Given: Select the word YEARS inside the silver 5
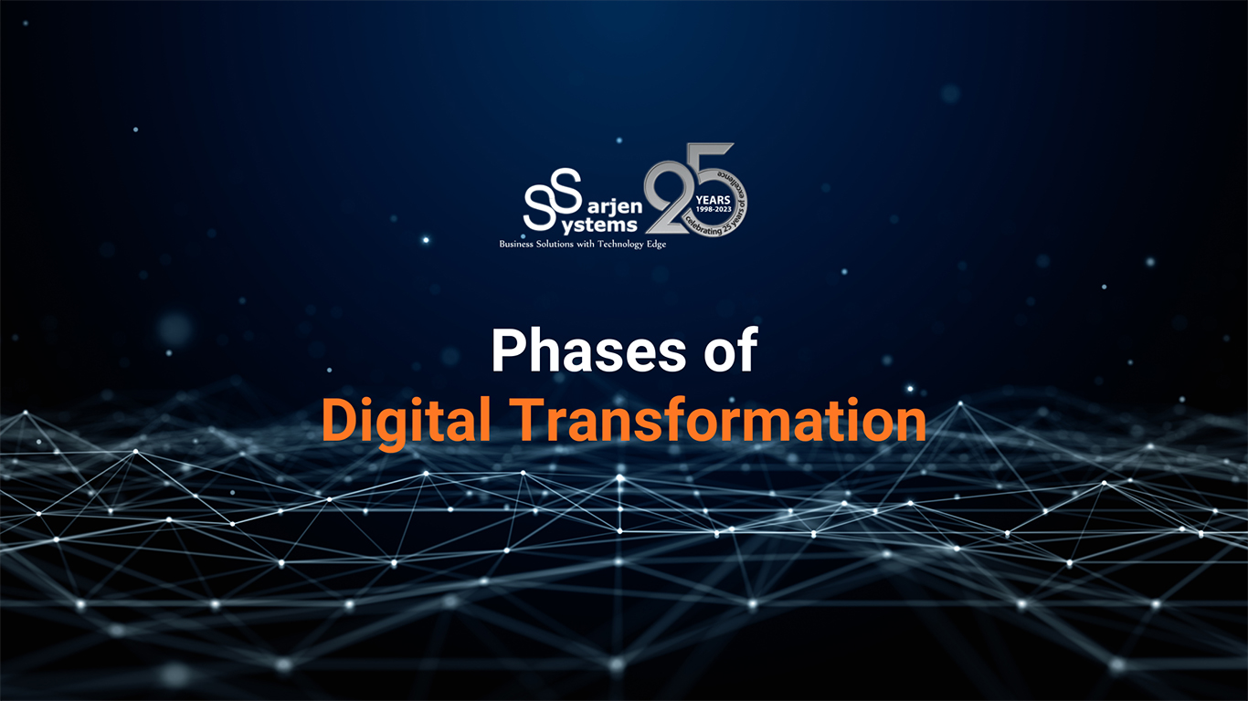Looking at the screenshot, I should point(714,197).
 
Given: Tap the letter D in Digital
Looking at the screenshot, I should point(338,420).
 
